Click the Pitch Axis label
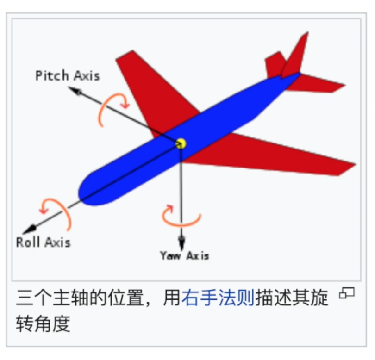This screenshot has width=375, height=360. (68, 75)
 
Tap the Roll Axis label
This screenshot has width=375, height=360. (43, 242)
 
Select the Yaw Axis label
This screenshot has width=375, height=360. (184, 255)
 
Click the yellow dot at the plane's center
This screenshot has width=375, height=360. (181, 143)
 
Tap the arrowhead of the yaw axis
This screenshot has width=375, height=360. (181, 242)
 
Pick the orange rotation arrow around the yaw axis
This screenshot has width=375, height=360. (181, 217)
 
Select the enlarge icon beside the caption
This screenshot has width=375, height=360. (347, 293)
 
